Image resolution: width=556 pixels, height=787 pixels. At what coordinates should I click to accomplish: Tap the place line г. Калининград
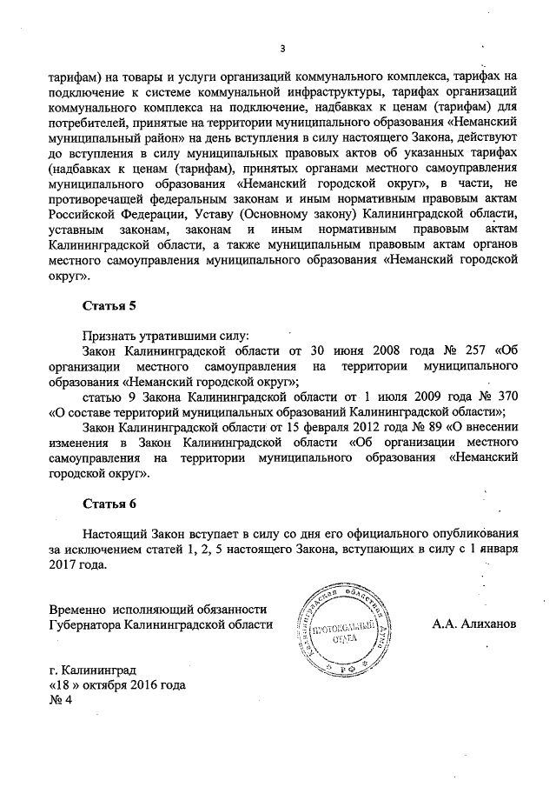coord(93,670)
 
